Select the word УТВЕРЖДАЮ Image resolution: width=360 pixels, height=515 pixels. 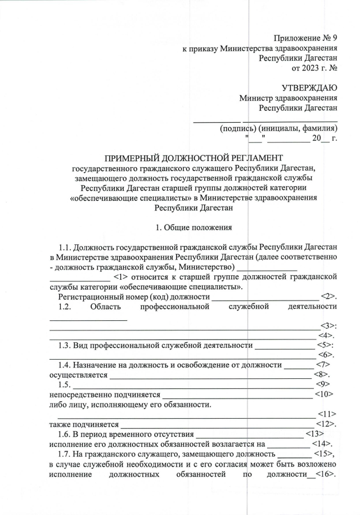pos(309,88)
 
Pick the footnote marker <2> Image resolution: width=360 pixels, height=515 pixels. pos(329,296)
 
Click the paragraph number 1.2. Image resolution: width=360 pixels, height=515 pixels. pos(65,306)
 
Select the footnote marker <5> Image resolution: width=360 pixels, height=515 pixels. pos(326,344)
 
